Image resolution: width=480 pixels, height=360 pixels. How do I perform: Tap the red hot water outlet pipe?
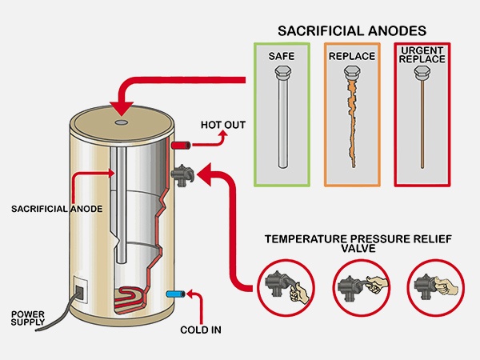179,147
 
